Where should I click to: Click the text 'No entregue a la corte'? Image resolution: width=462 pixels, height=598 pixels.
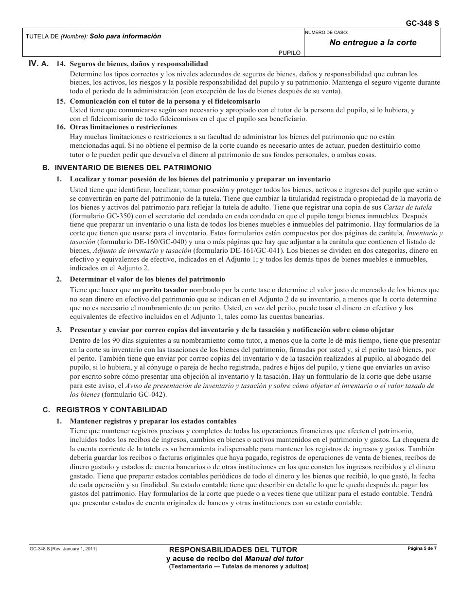(373, 42)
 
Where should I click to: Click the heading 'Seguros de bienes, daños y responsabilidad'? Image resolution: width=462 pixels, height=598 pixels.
(139, 64)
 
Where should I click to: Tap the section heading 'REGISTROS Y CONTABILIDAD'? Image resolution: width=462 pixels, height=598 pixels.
(112, 409)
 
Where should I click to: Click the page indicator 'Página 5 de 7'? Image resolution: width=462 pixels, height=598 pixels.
(422, 548)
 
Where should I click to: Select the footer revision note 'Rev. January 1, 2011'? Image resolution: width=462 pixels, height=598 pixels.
(74, 549)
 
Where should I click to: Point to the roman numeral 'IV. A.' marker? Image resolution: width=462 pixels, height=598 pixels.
(38, 64)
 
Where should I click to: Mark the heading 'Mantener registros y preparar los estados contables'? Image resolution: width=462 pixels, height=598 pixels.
(153, 421)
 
